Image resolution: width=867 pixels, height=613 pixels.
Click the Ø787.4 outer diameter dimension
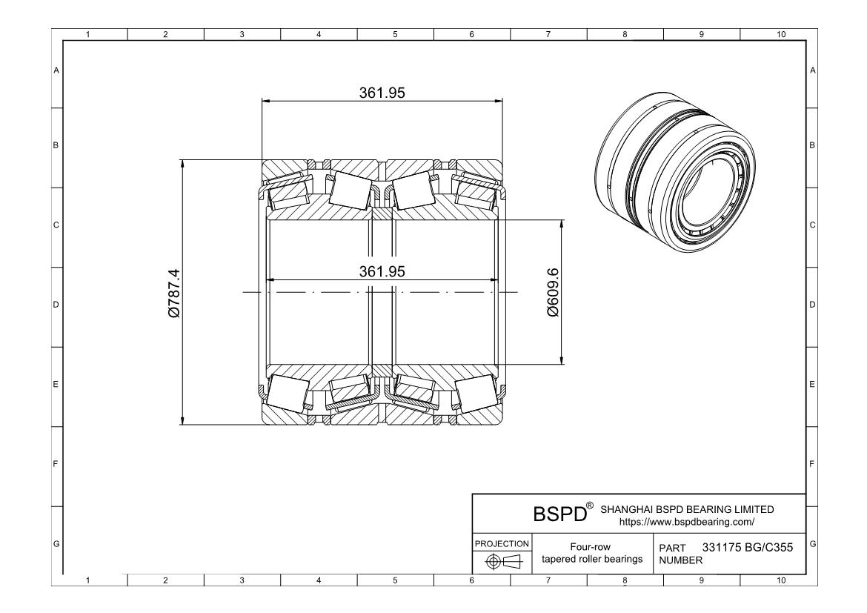pyautogui.click(x=175, y=294)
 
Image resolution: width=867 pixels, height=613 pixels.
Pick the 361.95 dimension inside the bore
pyautogui.click(x=382, y=271)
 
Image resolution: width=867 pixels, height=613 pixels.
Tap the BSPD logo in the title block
pyautogui.click(x=559, y=514)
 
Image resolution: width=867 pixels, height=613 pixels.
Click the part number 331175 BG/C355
pyautogui.click(x=747, y=548)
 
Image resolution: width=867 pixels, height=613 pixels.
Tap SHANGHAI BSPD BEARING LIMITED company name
pyautogui.click(x=686, y=509)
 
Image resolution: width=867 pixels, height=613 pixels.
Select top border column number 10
pyautogui.click(x=779, y=33)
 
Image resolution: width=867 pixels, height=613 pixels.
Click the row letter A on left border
pyautogui.click(x=56, y=70)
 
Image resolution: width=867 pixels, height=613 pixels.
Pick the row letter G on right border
pyautogui.click(x=813, y=544)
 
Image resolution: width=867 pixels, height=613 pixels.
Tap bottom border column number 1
pyautogui.click(x=89, y=580)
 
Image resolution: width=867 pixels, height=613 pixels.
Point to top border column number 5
pyautogui.click(x=395, y=33)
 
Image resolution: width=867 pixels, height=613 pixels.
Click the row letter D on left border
pyautogui.click(x=56, y=305)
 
